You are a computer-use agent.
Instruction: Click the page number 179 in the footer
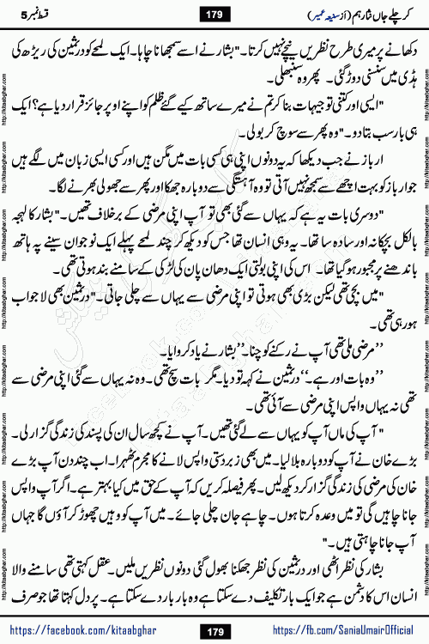(x=214, y=624)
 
